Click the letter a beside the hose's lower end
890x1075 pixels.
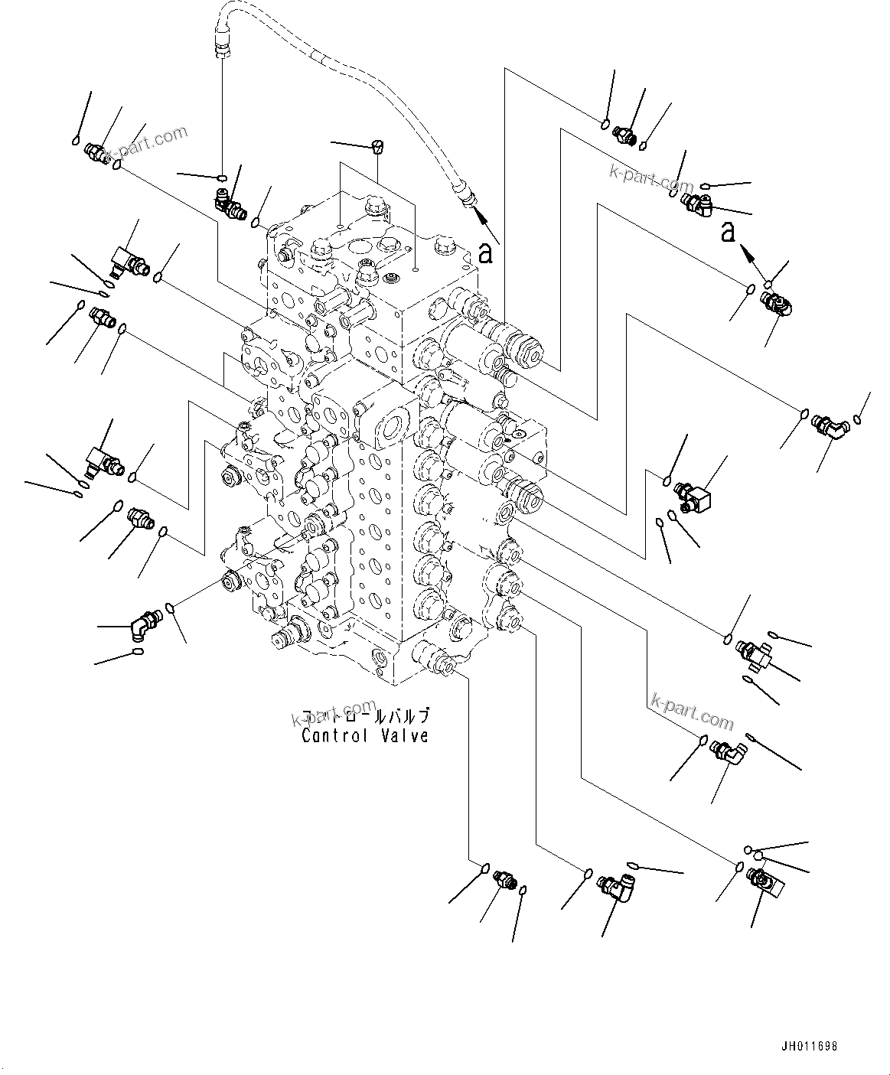pos(484,252)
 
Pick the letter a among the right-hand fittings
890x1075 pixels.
pos(729,231)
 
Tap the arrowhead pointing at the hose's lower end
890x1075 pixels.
pos(481,214)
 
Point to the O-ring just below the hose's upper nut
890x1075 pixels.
pos(221,178)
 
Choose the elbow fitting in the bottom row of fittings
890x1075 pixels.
pos(618,888)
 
